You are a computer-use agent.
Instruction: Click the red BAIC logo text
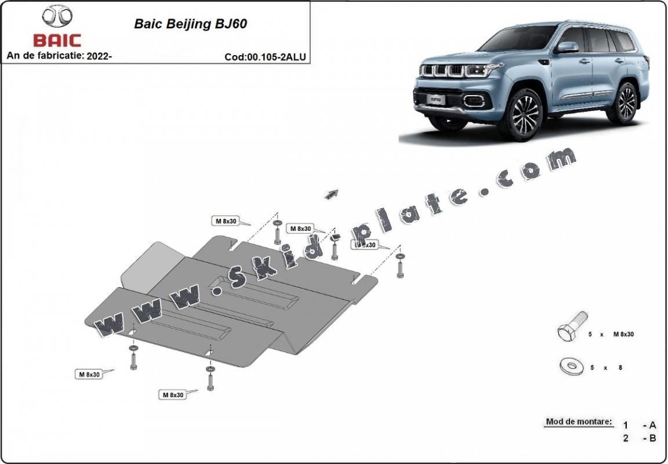(57, 41)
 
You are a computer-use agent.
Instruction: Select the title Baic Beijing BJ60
(191, 24)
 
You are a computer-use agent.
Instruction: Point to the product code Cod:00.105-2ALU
(265, 57)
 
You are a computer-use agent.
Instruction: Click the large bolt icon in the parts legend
(571, 327)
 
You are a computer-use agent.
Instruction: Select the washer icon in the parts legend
(572, 366)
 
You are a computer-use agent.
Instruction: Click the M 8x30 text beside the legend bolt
(623, 335)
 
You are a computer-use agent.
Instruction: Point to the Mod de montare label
(579, 422)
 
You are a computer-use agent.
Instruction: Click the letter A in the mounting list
(652, 425)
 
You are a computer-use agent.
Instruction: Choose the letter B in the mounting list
(652, 438)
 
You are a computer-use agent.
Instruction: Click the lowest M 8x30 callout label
(172, 395)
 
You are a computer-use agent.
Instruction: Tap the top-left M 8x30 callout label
(226, 221)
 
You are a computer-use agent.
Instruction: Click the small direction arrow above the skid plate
(332, 194)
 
